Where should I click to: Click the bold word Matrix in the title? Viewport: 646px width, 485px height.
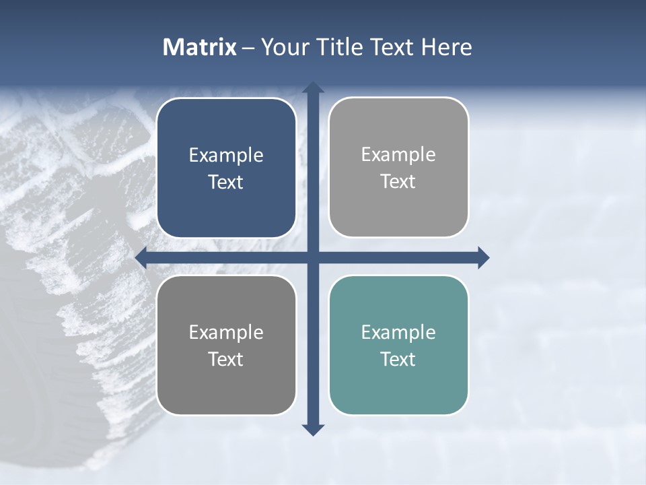click(200, 47)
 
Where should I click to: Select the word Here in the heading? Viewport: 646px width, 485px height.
click(447, 47)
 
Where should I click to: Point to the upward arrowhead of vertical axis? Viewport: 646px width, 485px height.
click(313, 88)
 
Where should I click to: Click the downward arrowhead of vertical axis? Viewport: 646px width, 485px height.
click(313, 430)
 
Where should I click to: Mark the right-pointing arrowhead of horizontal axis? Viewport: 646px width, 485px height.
click(483, 257)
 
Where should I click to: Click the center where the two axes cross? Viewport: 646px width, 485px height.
click(313, 257)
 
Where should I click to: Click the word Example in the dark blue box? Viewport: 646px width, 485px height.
click(226, 156)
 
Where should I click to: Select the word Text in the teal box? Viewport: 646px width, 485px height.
click(398, 359)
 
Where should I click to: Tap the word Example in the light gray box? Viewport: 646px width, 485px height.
click(398, 155)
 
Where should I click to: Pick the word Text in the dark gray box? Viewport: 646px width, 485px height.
click(226, 359)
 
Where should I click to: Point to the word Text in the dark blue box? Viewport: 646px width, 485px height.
click(226, 182)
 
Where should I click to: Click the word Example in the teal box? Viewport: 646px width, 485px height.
click(398, 332)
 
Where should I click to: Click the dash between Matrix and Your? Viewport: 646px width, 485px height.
click(248, 48)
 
